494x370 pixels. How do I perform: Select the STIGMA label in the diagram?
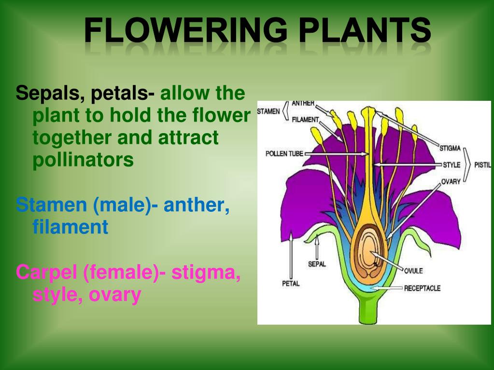point(450,148)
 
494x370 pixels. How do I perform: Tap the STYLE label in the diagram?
point(452,165)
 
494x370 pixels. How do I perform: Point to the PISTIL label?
point(482,165)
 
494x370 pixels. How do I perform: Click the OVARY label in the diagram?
point(451,182)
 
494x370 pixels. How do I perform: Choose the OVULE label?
point(413,271)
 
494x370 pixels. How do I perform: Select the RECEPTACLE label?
point(423,288)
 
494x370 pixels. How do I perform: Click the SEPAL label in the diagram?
point(317,264)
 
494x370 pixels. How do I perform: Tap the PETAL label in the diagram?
point(291,283)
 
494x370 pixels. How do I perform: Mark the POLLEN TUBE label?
point(284,154)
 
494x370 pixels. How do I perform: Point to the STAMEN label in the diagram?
point(268,111)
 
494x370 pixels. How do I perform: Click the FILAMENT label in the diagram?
point(305,119)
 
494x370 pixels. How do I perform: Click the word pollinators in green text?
point(83,160)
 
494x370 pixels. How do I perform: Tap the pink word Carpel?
point(47,273)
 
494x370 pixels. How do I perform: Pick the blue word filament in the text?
point(70,226)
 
